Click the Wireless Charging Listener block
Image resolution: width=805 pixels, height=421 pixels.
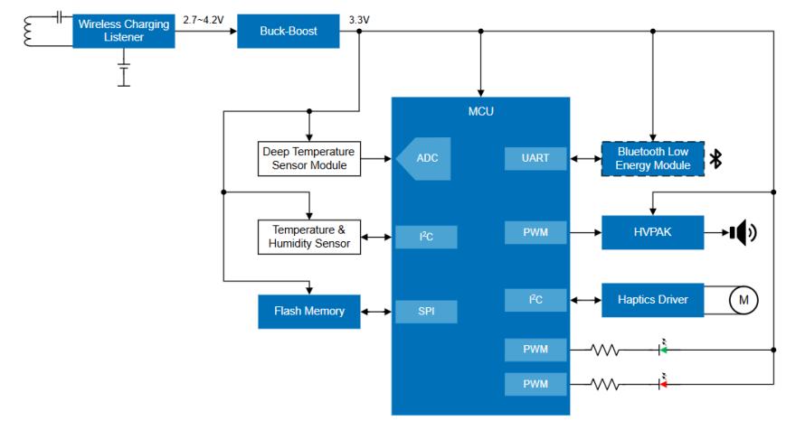click(x=123, y=31)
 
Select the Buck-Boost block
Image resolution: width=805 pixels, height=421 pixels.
click(x=288, y=31)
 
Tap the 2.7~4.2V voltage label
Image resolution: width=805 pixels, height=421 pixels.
click(x=204, y=20)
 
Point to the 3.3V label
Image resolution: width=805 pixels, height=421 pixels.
click(x=359, y=20)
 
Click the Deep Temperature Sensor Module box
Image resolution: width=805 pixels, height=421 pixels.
click(x=309, y=158)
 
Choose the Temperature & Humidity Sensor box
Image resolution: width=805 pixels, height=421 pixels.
click(x=309, y=237)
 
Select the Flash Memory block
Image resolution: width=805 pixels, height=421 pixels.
click(x=309, y=312)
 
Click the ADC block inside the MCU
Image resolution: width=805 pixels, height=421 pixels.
click(x=424, y=158)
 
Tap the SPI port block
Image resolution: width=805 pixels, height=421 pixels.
click(x=426, y=312)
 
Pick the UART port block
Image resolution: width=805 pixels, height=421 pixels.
click(x=535, y=158)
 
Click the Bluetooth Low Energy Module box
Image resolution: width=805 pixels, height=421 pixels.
click(x=652, y=158)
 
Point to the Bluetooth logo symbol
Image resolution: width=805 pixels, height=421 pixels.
click(x=715, y=159)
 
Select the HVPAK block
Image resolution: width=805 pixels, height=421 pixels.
click(x=652, y=232)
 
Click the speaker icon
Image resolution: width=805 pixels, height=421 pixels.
click(x=743, y=232)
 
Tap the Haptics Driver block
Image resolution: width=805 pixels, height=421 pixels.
click(x=652, y=300)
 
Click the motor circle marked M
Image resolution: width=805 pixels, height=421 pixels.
click(x=743, y=300)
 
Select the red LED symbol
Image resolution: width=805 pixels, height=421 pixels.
click(x=663, y=382)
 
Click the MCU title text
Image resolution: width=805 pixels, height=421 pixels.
click(x=480, y=111)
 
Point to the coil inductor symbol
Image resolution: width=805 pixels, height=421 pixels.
click(x=28, y=31)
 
